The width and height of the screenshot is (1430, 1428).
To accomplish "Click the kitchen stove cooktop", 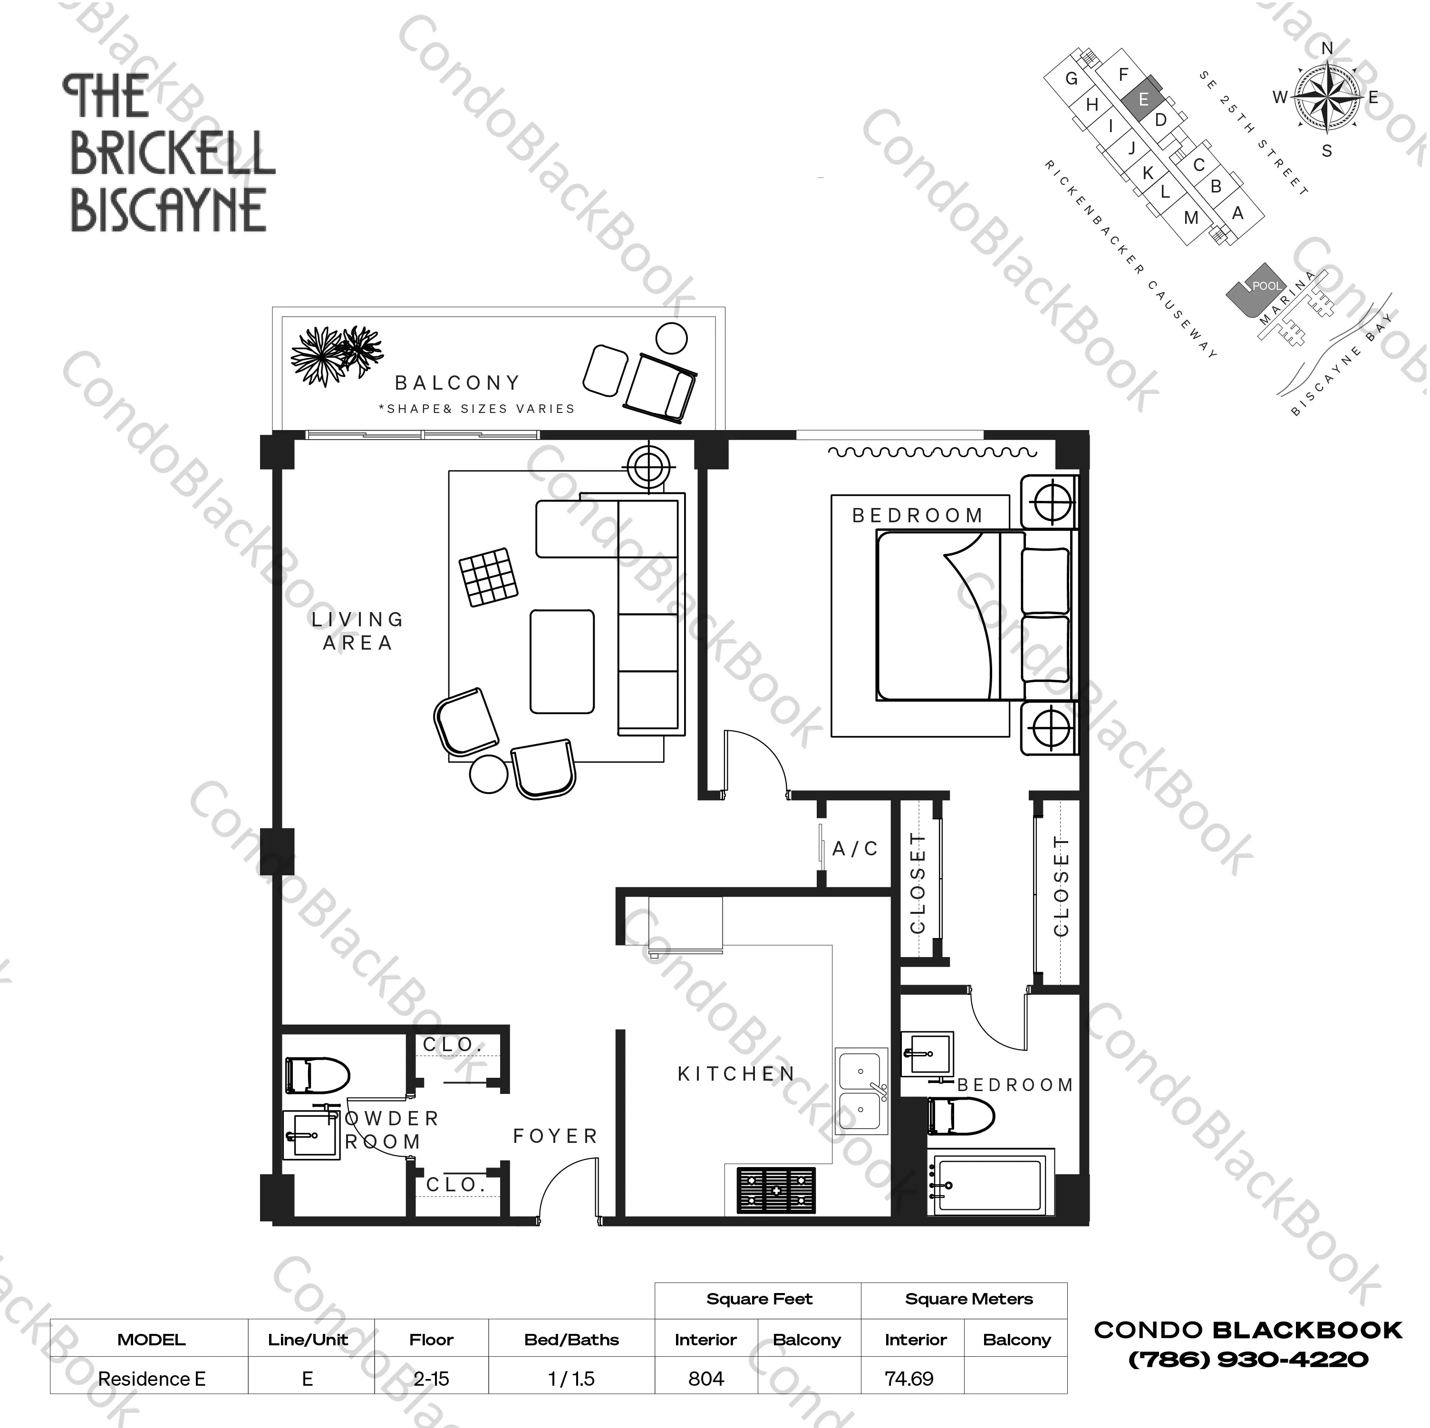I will coord(776,1190).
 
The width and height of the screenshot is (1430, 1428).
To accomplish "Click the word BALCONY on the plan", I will coord(457,383).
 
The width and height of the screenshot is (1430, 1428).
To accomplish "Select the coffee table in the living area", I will coord(562,661).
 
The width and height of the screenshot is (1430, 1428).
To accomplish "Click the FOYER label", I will coord(555,1136).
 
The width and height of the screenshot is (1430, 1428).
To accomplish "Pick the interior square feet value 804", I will coord(705,1379).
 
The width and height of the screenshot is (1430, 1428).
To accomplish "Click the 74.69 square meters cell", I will coord(909,1379).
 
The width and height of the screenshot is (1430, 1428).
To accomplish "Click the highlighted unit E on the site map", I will coord(1143,99).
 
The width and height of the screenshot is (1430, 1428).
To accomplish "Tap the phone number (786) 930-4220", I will coord(1248,1359).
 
